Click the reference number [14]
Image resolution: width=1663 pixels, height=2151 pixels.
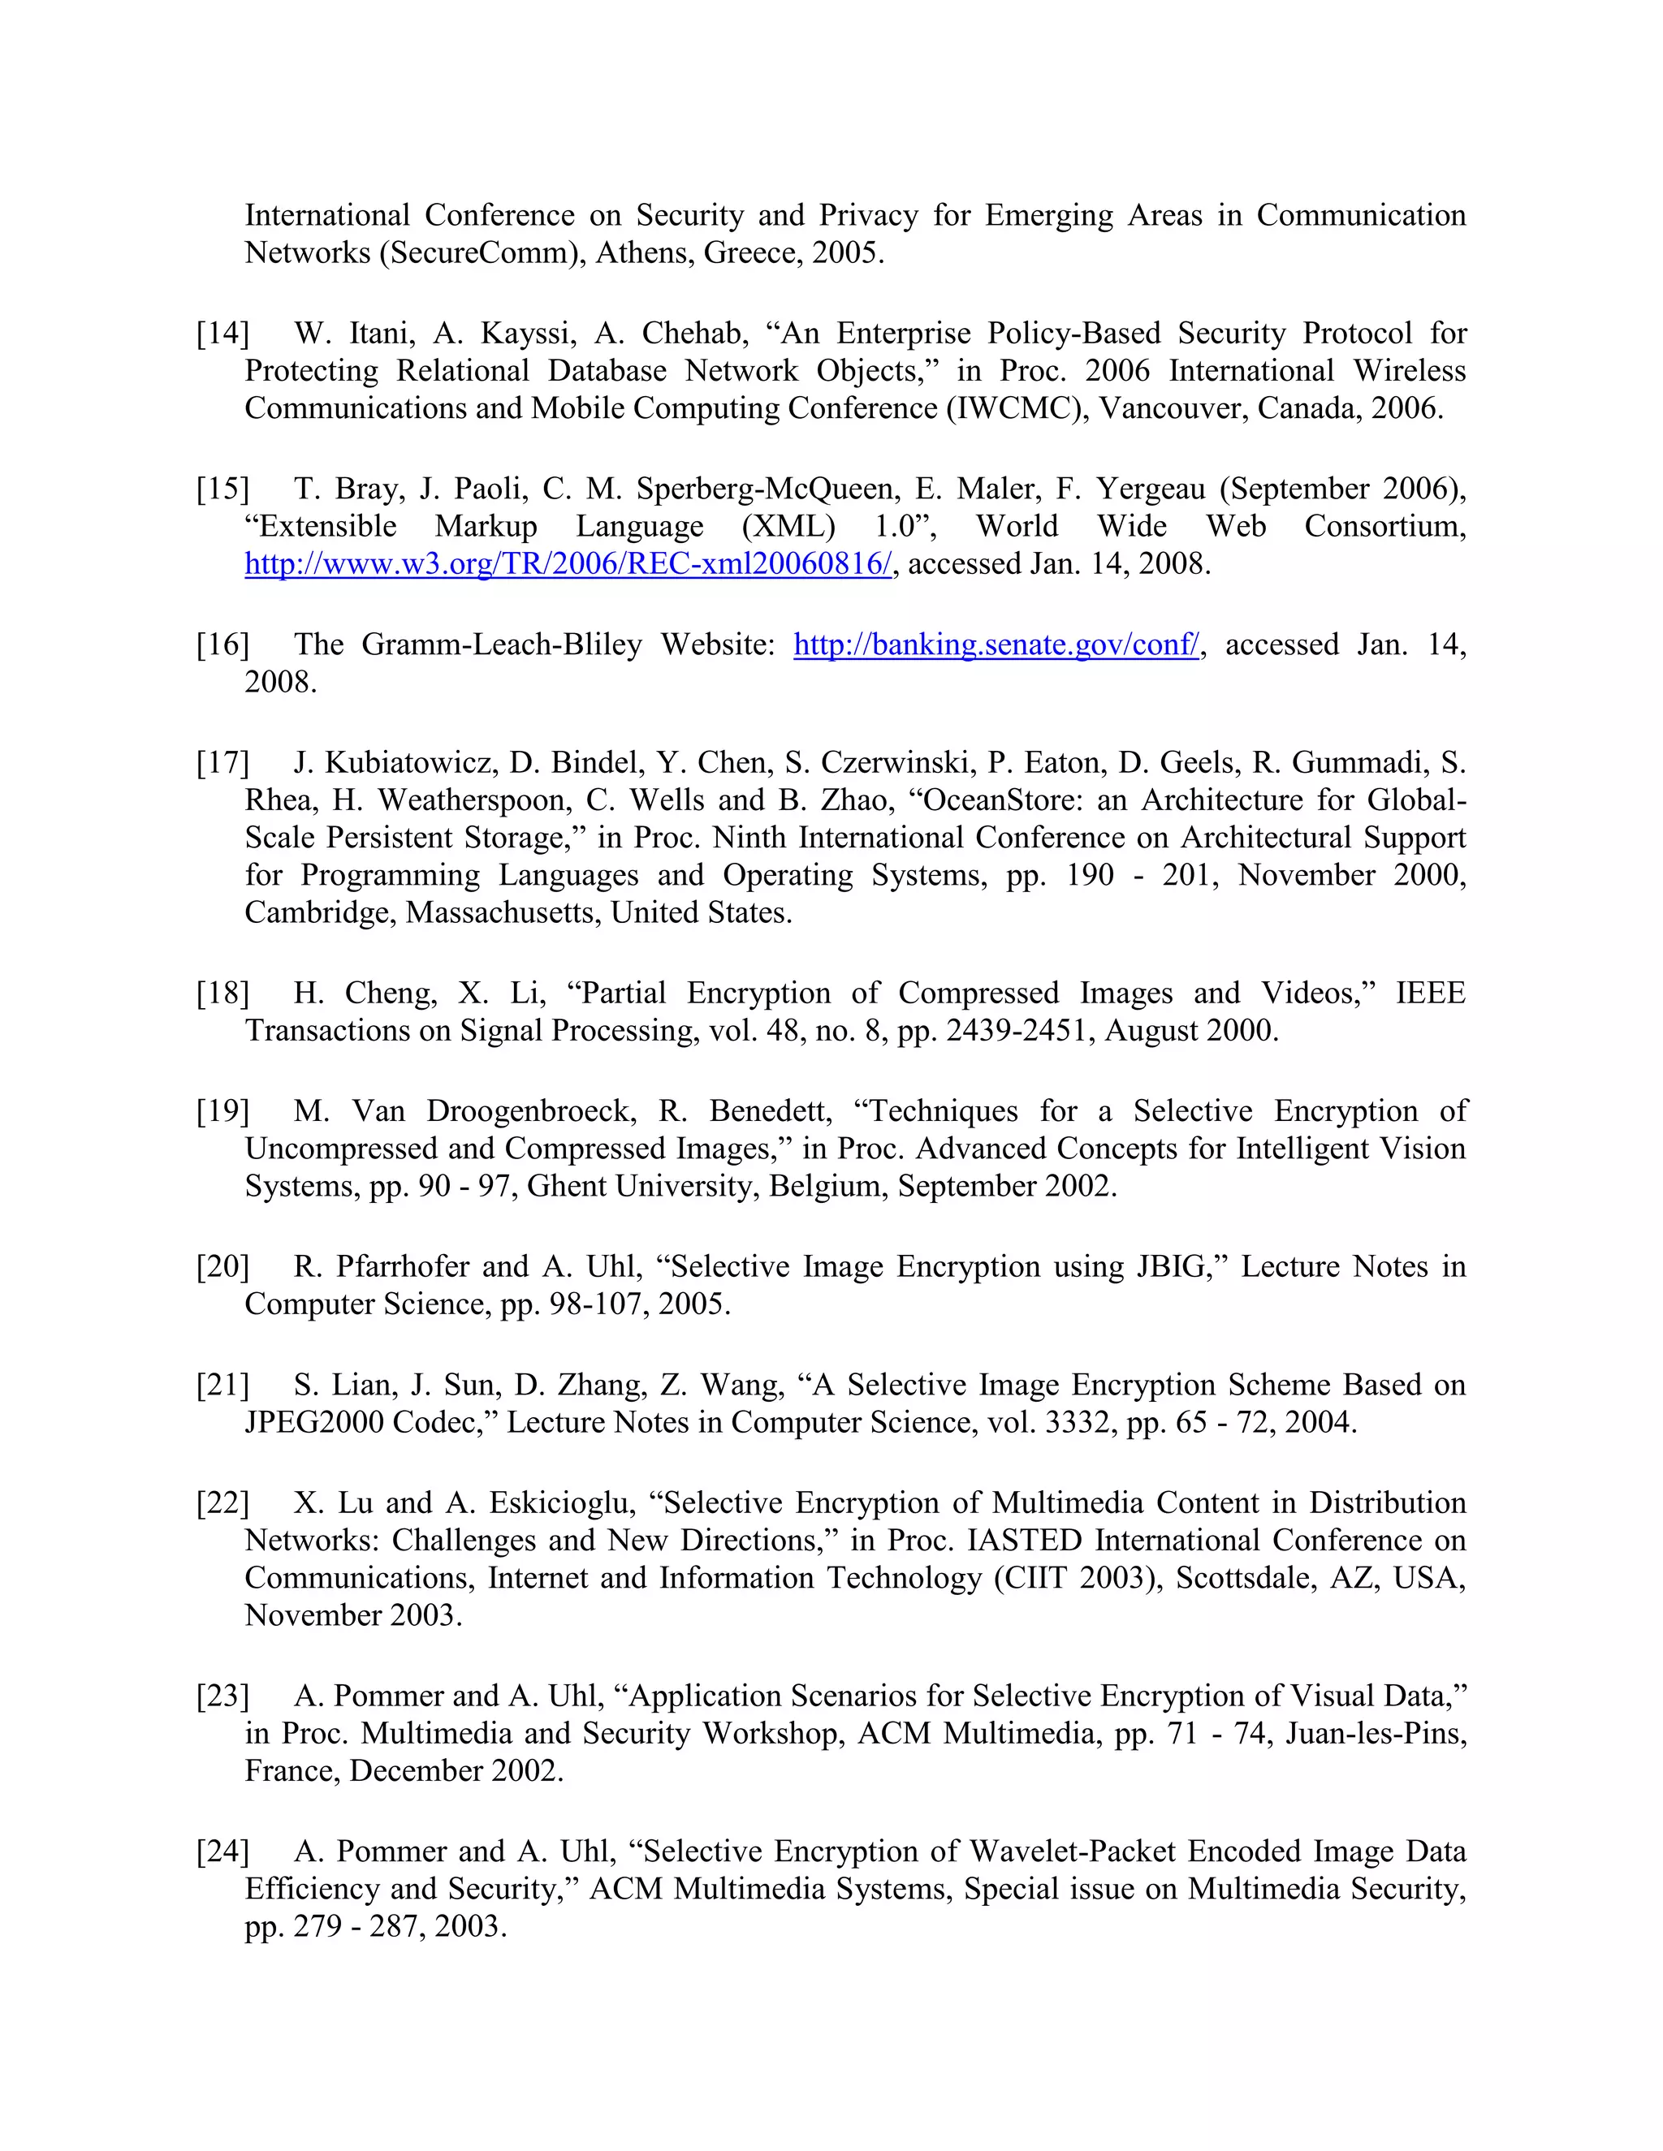(x=222, y=334)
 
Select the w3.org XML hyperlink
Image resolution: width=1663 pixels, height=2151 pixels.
(x=568, y=564)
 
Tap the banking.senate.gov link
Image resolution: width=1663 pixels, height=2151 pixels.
(x=996, y=645)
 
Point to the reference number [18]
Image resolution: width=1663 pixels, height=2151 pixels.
(x=222, y=993)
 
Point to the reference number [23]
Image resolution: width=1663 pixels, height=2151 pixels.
(x=222, y=1696)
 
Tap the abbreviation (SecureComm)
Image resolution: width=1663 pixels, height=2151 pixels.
(x=479, y=253)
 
